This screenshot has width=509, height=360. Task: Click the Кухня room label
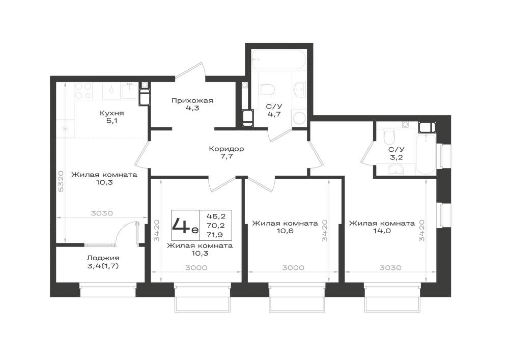pyautogui.click(x=111, y=113)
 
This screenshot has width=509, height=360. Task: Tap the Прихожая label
pyautogui.click(x=192, y=101)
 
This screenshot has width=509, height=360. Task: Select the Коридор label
pyautogui.click(x=227, y=149)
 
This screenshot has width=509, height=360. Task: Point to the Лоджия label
pyautogui.click(x=103, y=258)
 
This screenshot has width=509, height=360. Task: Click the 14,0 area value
pyautogui.click(x=382, y=231)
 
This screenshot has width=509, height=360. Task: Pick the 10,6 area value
pyautogui.click(x=285, y=231)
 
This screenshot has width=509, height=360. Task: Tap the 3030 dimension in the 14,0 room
pyautogui.click(x=390, y=268)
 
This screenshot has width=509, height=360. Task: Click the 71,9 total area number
pyautogui.click(x=218, y=235)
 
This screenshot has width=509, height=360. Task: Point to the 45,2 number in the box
pyautogui.click(x=218, y=216)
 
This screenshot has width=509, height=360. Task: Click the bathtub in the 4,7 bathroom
pyautogui.click(x=279, y=59)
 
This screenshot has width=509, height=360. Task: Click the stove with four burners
pyautogui.click(x=83, y=91)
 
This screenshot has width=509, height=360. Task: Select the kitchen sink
pyautogui.click(x=129, y=91)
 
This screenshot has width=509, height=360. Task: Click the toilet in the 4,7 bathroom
pyautogui.click(x=267, y=89)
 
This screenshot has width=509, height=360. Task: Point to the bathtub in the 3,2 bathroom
pyautogui.click(x=426, y=155)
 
